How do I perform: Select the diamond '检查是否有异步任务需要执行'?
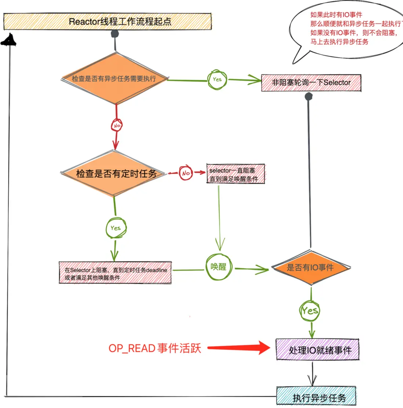coord(115,78)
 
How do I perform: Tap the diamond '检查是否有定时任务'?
coord(116,173)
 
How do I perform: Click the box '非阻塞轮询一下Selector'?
coord(311,83)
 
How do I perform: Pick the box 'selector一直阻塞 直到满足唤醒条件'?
coord(235,175)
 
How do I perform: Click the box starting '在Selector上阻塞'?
coord(115,273)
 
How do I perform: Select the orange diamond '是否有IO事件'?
coord(311,268)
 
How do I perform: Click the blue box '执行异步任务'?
coord(316,397)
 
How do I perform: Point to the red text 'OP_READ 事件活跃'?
coord(155,348)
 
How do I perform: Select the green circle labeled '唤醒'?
coord(219,267)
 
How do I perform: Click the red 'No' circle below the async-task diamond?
coord(117,125)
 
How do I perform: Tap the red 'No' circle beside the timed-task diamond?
coord(186,173)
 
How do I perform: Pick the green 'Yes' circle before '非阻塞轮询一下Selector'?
coord(217,79)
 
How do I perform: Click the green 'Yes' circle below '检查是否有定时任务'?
coord(116,228)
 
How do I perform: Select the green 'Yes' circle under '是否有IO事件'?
coord(310,311)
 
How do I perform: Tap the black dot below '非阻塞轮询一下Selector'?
coord(309,97)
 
